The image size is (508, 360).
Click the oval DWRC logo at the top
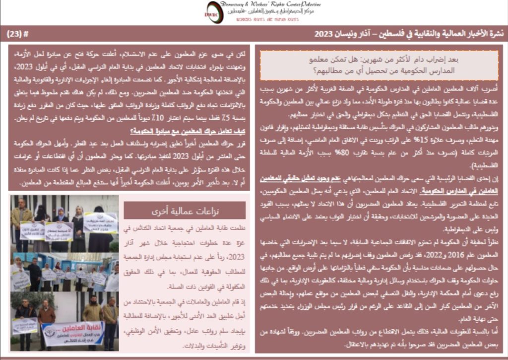click(x=215, y=12)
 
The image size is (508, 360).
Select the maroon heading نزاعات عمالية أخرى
click(x=185, y=210)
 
